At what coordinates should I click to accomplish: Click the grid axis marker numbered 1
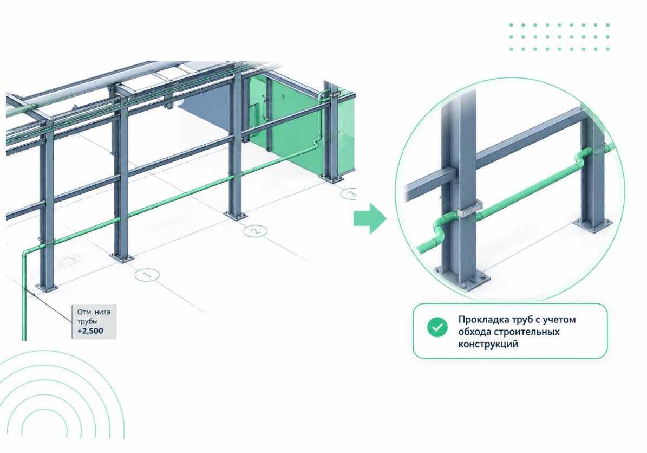[x=147, y=275]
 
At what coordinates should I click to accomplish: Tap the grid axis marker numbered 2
[x=255, y=231]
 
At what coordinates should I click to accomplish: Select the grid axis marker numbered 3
[x=349, y=193]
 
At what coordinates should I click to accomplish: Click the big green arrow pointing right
[x=370, y=219]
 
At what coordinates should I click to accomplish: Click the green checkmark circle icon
[x=437, y=327]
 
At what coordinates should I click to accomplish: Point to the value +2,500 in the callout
[x=90, y=331]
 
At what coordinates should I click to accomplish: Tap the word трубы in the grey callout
[x=88, y=322]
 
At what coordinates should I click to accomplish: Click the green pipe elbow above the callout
[x=26, y=254]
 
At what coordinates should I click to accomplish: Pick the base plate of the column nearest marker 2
[x=235, y=215]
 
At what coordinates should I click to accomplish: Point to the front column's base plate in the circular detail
[x=463, y=280]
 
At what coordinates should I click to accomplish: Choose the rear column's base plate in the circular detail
[x=593, y=224]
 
